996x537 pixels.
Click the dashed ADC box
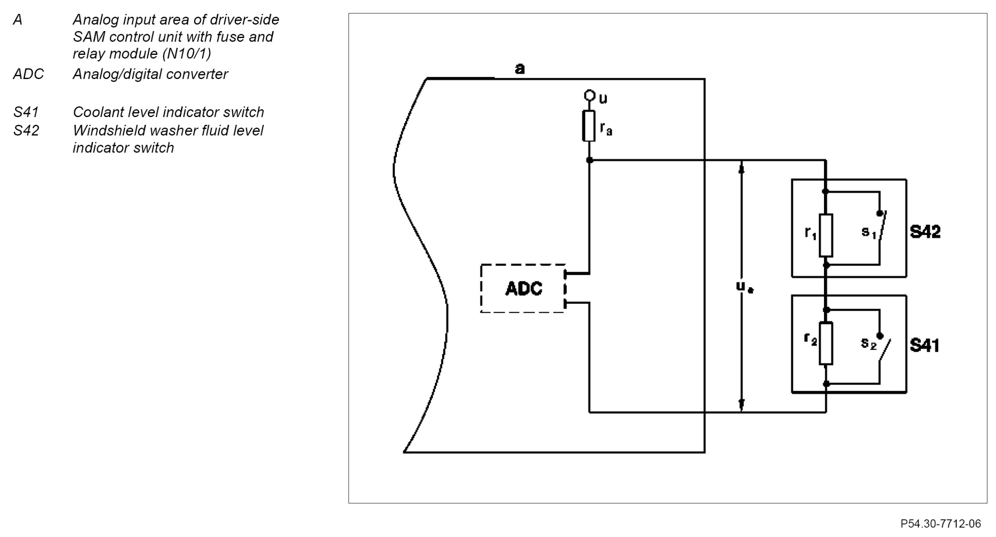[523, 288]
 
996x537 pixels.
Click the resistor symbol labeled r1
[826, 235]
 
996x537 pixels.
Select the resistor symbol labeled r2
[826, 343]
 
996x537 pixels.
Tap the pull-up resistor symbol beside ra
[589, 126]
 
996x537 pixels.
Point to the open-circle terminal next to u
[589, 95]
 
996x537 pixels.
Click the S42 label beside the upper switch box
[925, 232]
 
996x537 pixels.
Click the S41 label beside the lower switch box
[924, 346]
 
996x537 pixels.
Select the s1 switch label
[868, 232]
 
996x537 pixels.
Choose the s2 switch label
[868, 343]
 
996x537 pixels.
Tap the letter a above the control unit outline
[520, 68]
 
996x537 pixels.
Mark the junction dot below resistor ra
[589, 160]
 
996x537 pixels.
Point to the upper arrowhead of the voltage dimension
[741, 169]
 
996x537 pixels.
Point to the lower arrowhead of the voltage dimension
[741, 404]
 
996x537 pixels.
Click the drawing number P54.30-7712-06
[941, 524]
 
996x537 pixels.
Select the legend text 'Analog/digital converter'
[150, 74]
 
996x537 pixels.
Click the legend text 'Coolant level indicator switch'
[168, 112]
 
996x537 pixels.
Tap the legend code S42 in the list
[26, 130]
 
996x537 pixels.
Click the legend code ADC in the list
[28, 74]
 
